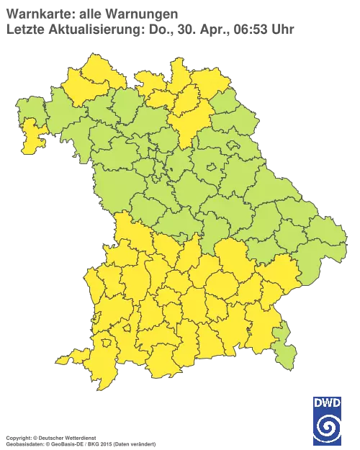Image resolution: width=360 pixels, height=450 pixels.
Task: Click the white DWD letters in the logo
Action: click(x=328, y=402)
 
